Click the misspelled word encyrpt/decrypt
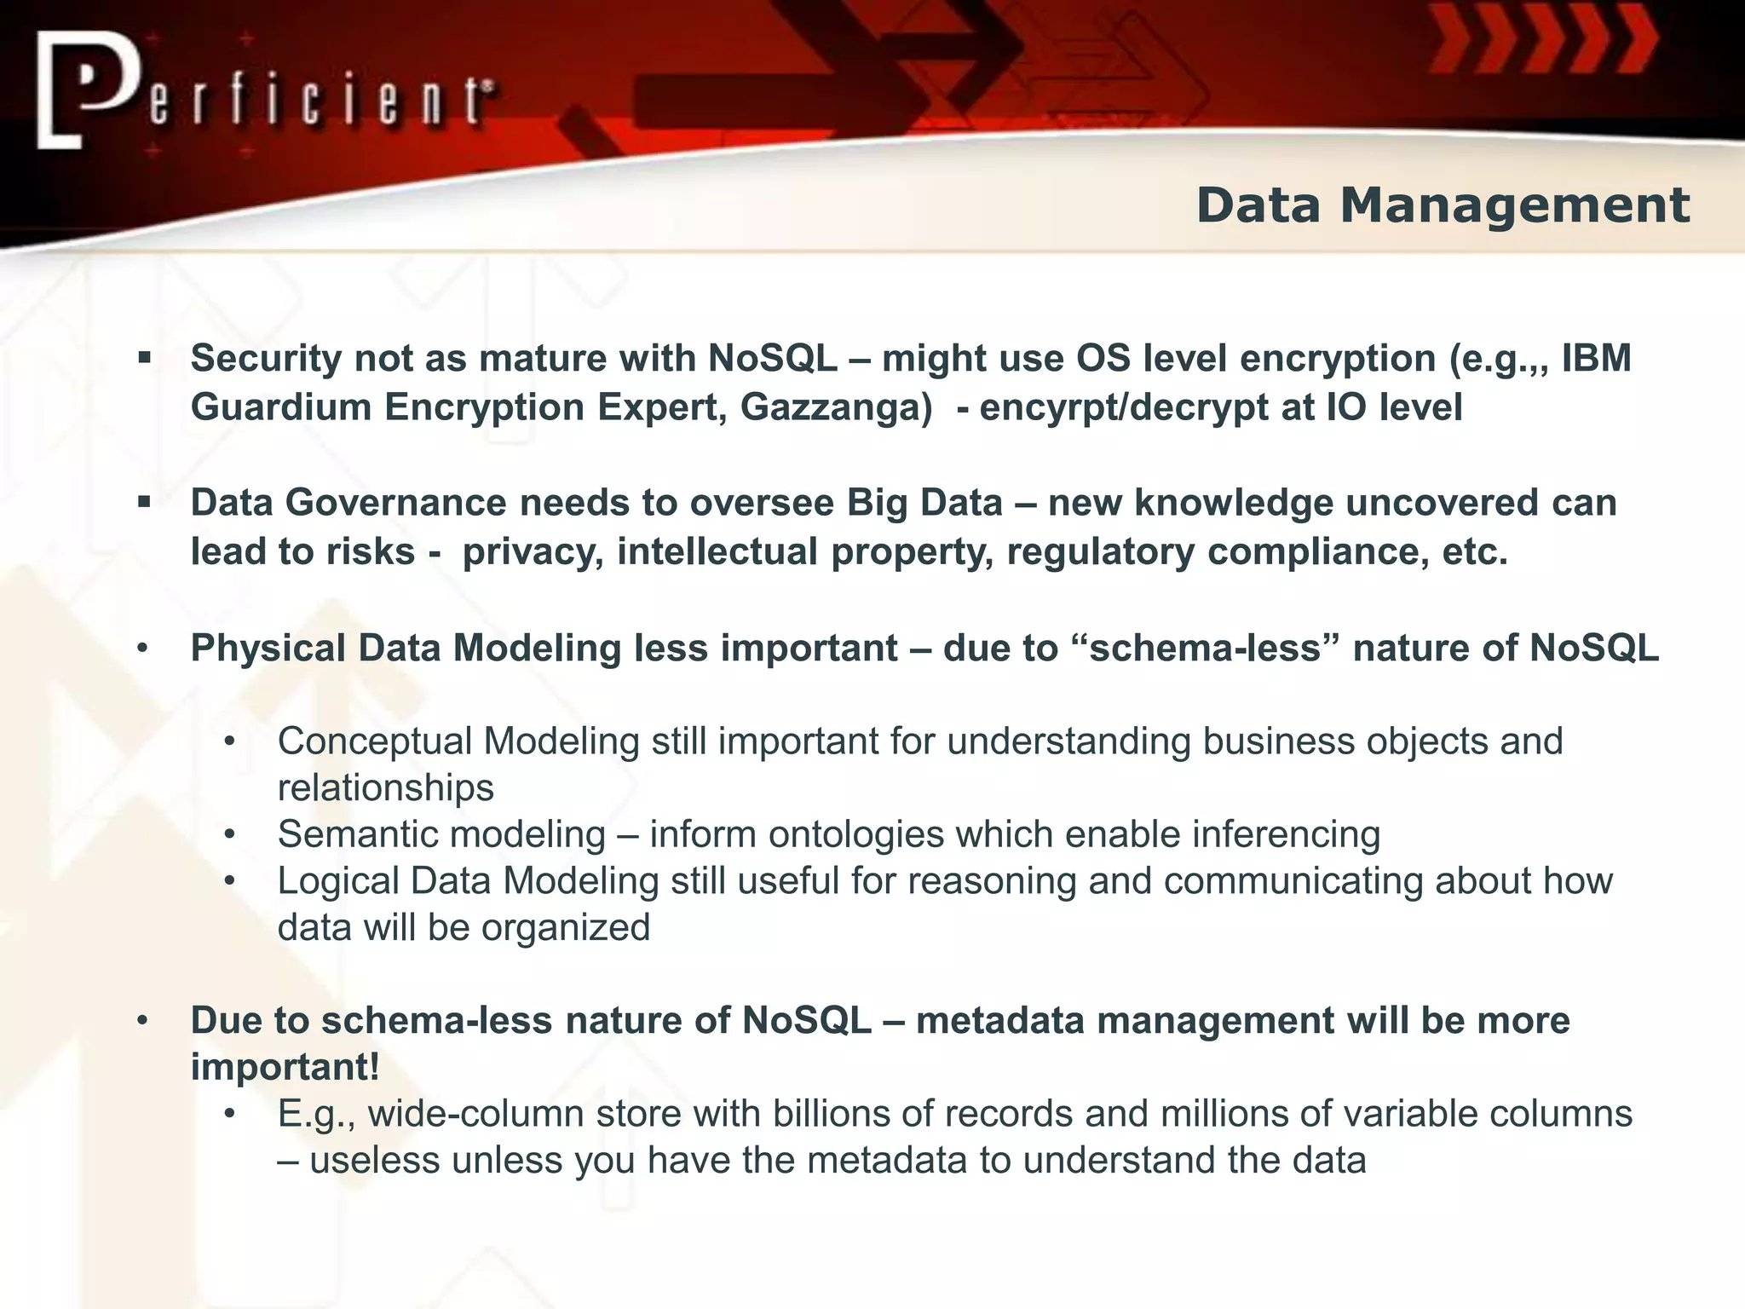click(1124, 407)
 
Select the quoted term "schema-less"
click(1203, 649)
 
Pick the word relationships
click(385, 788)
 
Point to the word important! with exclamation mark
click(285, 1067)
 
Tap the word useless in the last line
click(374, 1161)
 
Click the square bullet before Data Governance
click(144, 503)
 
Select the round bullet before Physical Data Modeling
click(143, 649)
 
